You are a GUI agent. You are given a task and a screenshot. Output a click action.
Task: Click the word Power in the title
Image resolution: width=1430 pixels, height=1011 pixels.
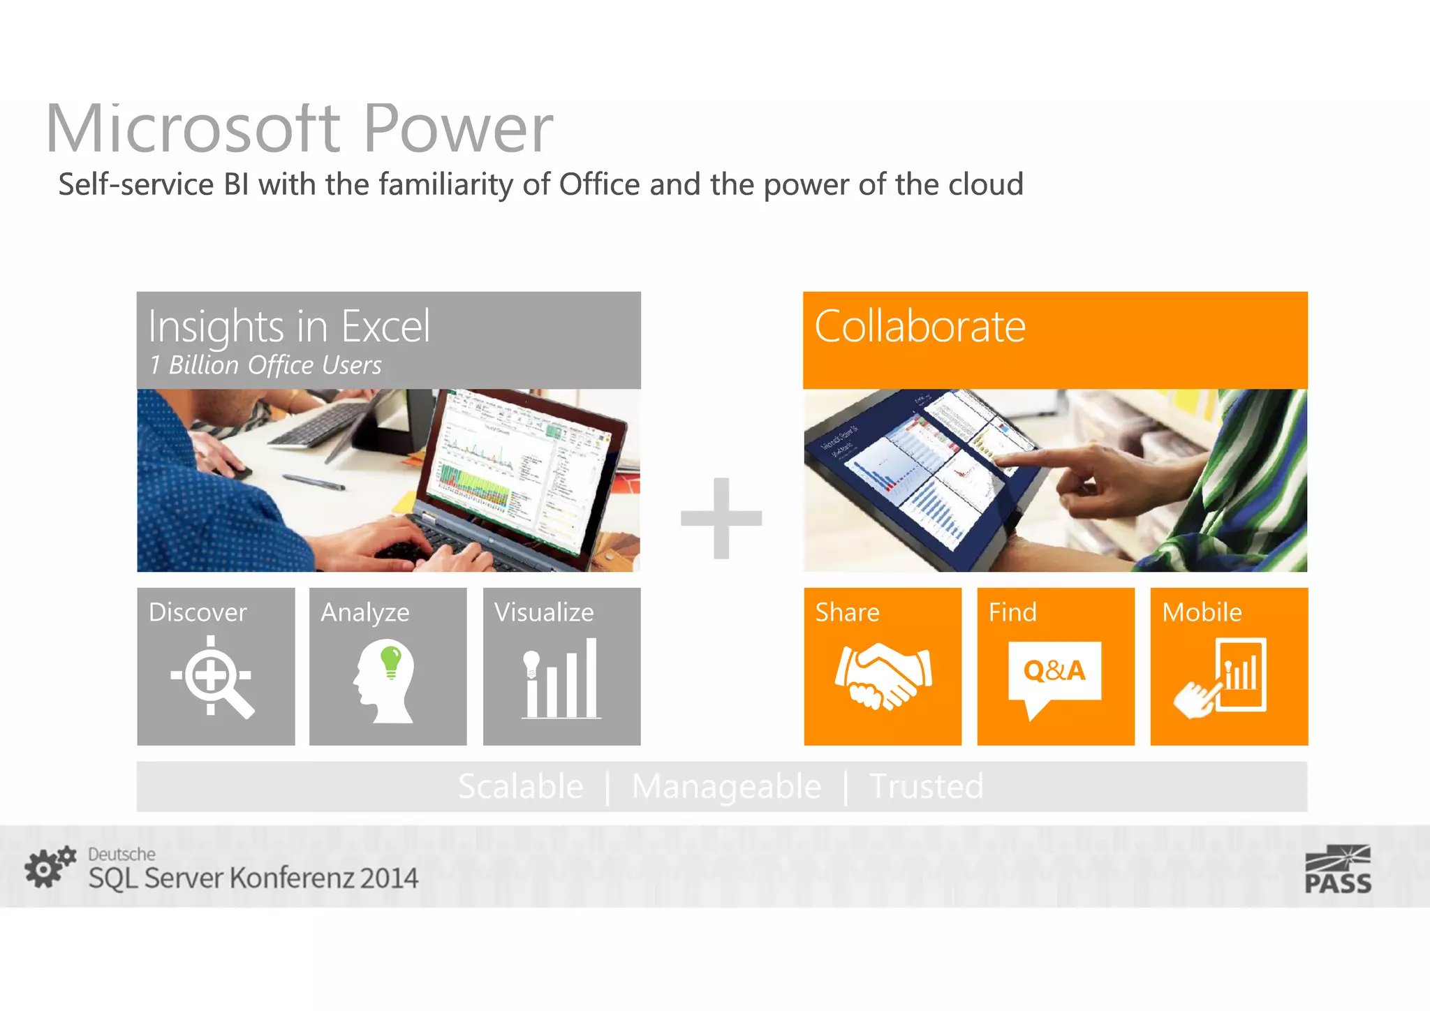click(x=458, y=129)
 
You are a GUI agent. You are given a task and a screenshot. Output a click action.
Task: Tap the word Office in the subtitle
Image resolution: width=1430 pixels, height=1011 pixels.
click(x=599, y=185)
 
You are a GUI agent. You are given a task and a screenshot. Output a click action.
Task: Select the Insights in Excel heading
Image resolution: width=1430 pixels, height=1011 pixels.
click(x=289, y=326)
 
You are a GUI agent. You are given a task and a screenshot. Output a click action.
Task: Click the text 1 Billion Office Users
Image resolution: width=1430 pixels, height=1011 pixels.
click(x=265, y=365)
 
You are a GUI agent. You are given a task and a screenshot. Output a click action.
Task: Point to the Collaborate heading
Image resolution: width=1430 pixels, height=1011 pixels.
click(x=920, y=326)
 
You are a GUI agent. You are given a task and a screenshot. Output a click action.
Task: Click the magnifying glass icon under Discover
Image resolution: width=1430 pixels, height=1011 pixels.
click(x=212, y=677)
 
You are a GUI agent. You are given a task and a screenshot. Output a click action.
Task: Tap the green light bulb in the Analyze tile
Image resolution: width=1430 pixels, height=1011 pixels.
click(x=391, y=660)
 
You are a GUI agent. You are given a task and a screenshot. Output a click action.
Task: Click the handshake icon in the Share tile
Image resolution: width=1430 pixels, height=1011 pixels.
click(x=883, y=676)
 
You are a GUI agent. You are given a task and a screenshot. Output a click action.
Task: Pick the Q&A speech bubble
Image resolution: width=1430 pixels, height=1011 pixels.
click(x=1054, y=674)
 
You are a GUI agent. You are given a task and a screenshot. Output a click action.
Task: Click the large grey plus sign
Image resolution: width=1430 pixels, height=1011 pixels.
click(x=721, y=518)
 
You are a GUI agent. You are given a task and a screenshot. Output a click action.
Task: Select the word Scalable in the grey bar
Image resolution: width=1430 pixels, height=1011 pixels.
click(x=521, y=787)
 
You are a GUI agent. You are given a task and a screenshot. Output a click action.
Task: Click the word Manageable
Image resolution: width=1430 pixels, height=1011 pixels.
click(x=726, y=787)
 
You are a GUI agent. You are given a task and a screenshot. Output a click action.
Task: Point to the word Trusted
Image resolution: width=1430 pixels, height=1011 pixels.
click(x=926, y=787)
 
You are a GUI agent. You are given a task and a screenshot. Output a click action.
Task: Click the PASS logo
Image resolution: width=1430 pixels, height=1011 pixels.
click(x=1337, y=870)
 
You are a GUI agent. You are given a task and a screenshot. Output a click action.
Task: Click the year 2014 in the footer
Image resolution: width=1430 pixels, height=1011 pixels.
click(x=389, y=878)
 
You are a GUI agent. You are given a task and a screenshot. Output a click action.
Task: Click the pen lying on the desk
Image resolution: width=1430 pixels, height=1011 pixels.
click(x=313, y=481)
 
